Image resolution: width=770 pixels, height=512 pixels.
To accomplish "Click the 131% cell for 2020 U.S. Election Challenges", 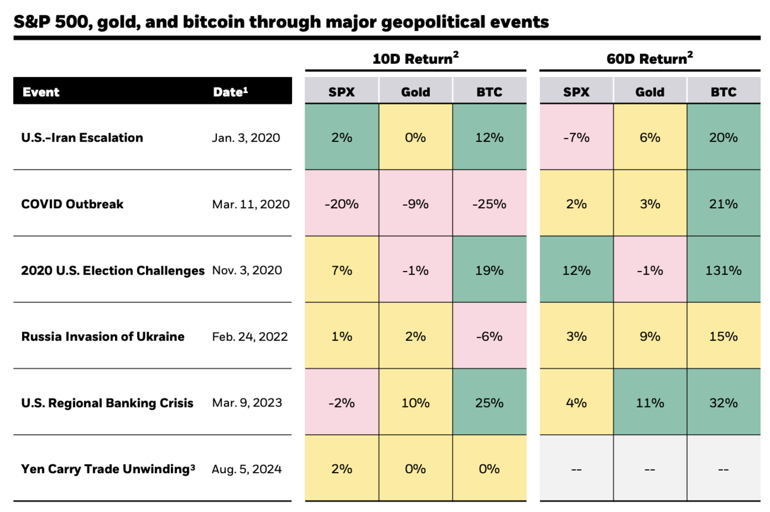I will pos(724,270).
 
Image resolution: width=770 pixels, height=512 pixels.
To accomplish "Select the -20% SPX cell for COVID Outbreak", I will pos(341,204).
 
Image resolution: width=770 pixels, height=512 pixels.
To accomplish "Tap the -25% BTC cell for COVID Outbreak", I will pos(489,204).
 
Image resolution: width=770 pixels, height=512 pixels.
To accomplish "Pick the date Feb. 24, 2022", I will pos(250,337).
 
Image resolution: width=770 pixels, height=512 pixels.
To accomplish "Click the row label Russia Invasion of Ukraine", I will pos(103,337).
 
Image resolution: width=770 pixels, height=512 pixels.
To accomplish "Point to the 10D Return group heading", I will pos(415,58).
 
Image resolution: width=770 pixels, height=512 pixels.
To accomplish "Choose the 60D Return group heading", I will pos(650,58).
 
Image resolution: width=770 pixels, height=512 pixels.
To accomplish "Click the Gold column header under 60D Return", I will pos(650,92).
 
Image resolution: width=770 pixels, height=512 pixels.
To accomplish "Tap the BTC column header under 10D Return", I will pos(489,92).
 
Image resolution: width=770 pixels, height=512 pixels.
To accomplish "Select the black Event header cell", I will pos(41,92).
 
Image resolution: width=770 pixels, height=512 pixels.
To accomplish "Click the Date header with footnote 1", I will pos(231,92).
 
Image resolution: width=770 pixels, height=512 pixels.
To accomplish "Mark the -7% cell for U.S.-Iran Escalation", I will pos(576,138).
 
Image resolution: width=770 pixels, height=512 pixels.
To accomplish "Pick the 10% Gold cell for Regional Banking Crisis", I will pos(415,403).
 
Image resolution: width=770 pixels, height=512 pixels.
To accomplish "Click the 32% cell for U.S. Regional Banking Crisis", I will pos(724,403).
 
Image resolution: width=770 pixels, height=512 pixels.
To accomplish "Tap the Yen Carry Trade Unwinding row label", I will pos(108,469).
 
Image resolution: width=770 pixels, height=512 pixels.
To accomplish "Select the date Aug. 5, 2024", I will pos(247,469).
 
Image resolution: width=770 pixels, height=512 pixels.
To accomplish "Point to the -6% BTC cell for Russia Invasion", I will pos(489,337).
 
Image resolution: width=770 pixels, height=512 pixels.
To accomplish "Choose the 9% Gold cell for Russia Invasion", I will pos(650,337).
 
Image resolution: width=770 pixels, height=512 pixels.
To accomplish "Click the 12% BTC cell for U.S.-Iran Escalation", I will pos(489,138).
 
